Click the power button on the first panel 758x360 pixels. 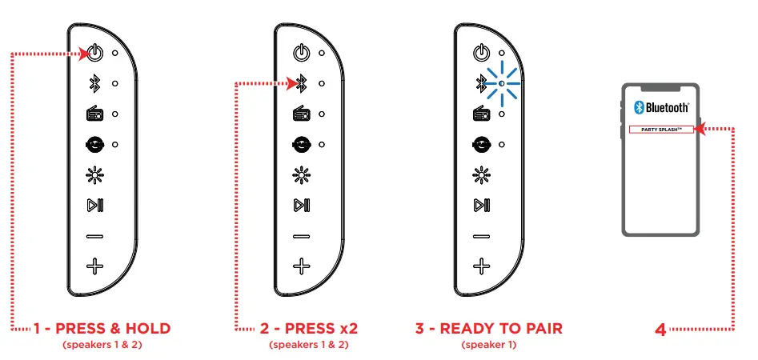pos(94,54)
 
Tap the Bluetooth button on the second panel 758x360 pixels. pos(301,82)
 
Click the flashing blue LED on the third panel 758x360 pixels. pos(500,83)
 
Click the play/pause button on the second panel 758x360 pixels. pos(301,206)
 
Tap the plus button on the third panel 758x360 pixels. pos(480,266)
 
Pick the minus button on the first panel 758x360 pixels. pos(94,236)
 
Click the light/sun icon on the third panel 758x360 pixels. pos(480,175)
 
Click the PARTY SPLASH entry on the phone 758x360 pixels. pos(660,130)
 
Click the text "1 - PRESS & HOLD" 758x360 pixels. pos(102,329)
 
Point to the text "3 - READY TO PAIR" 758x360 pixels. pos(489,329)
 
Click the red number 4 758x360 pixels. pos(660,329)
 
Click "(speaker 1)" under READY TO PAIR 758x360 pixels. pos(489,346)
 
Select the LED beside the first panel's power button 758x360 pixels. pos(115,54)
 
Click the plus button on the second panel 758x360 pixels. pos(301,266)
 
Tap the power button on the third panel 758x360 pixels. pos(480,54)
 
